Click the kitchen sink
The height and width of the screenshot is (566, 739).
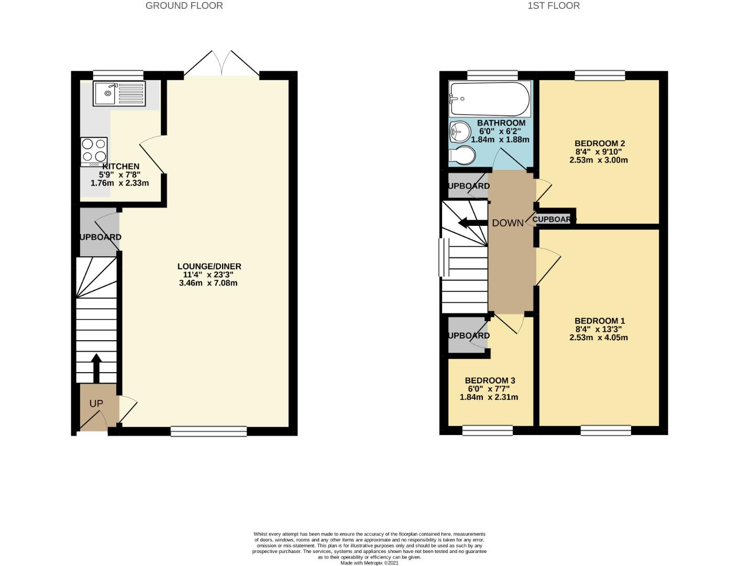pyautogui.click(x=119, y=93)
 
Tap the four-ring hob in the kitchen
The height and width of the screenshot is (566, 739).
pyautogui.click(x=94, y=150)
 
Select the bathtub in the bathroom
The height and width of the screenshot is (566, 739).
pyautogui.click(x=490, y=99)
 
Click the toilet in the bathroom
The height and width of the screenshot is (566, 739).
pyautogui.click(x=463, y=155)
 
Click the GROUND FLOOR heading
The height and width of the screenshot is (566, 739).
pyautogui.click(x=184, y=6)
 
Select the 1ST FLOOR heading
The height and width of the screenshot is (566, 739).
pyautogui.click(x=554, y=6)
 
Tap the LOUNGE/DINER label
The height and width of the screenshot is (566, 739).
pyautogui.click(x=209, y=266)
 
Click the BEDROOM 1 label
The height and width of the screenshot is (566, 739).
pyautogui.click(x=600, y=321)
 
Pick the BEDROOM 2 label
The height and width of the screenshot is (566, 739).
pyautogui.click(x=600, y=143)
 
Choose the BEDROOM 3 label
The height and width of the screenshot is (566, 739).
pyautogui.click(x=490, y=380)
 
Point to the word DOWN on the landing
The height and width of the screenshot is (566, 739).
pyautogui.click(x=507, y=223)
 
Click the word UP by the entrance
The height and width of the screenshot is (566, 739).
pyautogui.click(x=96, y=404)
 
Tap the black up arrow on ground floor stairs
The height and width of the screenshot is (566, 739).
pyautogui.click(x=96, y=367)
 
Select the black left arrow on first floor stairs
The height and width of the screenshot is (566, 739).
pyautogui.click(x=472, y=223)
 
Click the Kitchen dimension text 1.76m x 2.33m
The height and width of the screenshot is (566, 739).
pyautogui.click(x=119, y=183)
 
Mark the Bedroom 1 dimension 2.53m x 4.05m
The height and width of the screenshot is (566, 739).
pyautogui.click(x=599, y=338)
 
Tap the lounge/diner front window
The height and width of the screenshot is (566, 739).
pyautogui.click(x=208, y=431)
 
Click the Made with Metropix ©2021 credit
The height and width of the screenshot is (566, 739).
pyautogui.click(x=369, y=563)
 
